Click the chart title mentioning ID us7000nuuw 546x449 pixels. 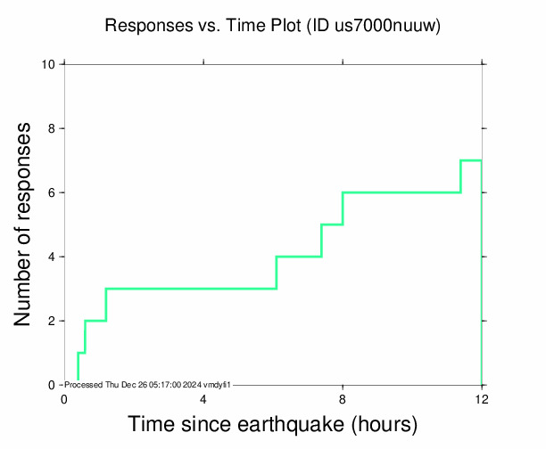click(273, 26)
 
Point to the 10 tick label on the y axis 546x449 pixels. click(50, 64)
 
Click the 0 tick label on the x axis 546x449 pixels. click(64, 398)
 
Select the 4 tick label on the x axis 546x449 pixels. click(203, 398)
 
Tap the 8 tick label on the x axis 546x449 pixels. click(343, 398)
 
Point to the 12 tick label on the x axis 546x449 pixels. click(482, 398)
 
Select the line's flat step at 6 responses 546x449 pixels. click(401, 192)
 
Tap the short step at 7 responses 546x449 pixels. click(471, 160)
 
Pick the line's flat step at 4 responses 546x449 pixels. click(299, 257)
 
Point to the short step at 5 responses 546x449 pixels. click(332, 224)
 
